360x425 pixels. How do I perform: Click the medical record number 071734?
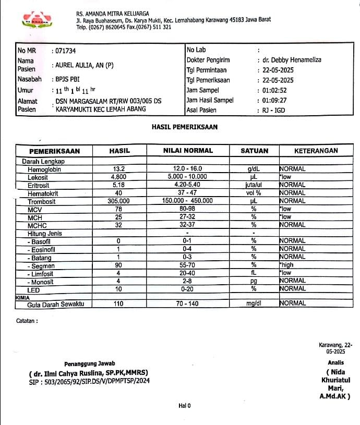click(x=66, y=51)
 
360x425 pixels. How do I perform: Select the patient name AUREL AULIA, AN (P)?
click(x=85, y=66)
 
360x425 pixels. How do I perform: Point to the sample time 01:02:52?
click(x=274, y=90)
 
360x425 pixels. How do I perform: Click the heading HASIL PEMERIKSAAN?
click(x=184, y=127)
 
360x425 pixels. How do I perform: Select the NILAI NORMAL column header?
click(x=188, y=151)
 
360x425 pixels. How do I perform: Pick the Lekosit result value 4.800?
click(x=119, y=177)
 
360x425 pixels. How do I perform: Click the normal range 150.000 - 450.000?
click(x=187, y=201)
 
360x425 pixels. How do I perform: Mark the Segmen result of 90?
click(x=118, y=265)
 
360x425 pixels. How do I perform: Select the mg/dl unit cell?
click(x=255, y=303)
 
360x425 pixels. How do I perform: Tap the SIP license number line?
click(x=89, y=382)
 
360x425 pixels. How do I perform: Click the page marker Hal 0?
click(x=185, y=406)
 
